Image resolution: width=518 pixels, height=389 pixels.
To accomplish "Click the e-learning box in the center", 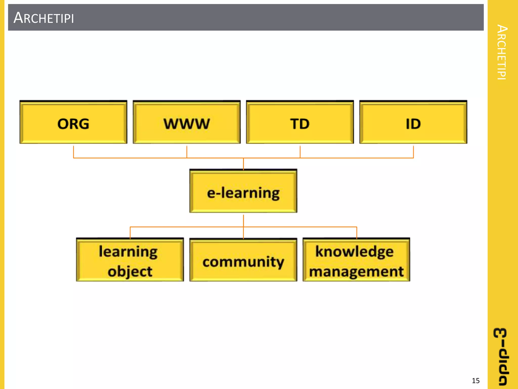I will pyautogui.click(x=243, y=191).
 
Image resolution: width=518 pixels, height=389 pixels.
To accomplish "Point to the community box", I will pyautogui.click(x=243, y=261).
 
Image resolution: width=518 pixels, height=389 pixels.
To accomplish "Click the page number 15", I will pyautogui.click(x=476, y=381).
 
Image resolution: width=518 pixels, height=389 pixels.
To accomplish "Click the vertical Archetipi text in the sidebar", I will pyautogui.click(x=502, y=52).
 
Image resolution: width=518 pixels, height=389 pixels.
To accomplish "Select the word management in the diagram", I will pyautogui.click(x=356, y=271).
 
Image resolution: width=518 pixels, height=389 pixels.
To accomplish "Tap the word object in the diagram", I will pyautogui.click(x=130, y=271).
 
